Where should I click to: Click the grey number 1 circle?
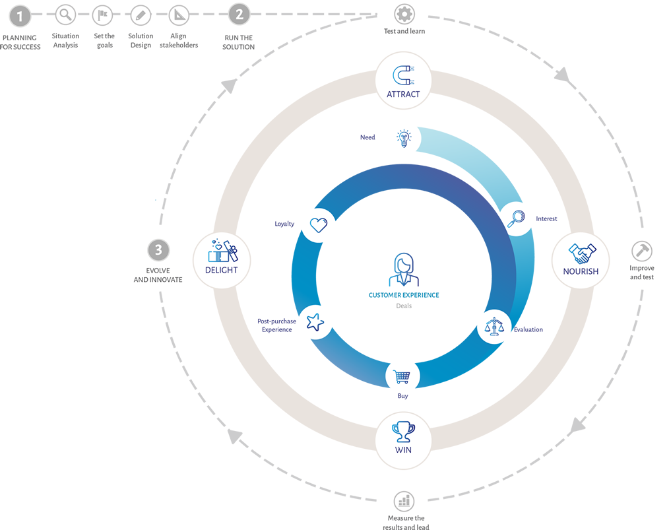pos(20,17)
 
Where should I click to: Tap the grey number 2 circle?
pos(239,15)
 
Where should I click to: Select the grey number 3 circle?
pos(158,250)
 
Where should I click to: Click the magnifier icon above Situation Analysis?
pos(65,15)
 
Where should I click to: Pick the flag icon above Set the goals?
pos(102,15)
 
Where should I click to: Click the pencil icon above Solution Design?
pos(141,16)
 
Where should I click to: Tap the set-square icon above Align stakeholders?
pos(179,15)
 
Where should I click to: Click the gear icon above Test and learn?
pos(404,14)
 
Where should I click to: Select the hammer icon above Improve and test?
pos(642,251)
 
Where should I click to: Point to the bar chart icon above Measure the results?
pos(404,501)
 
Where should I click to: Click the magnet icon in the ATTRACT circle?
pos(403,75)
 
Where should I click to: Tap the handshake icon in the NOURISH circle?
pos(582,253)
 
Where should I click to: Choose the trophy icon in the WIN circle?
pos(403,432)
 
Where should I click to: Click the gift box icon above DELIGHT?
pos(223,251)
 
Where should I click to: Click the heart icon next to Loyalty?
pos(318,225)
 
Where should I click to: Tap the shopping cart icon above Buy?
pos(402,377)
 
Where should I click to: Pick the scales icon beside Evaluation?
pos(494,327)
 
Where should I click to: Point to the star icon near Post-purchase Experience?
pos(315,322)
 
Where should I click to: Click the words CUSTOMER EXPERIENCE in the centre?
pos(404,295)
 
